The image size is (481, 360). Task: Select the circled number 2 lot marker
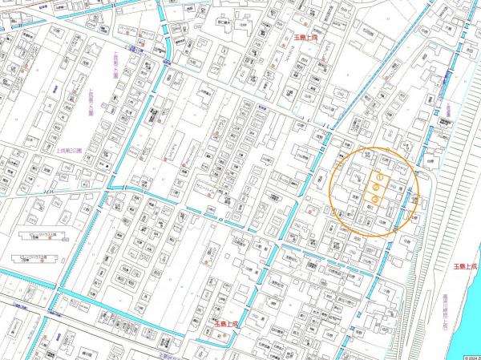pyautogui.click(x=374, y=188)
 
